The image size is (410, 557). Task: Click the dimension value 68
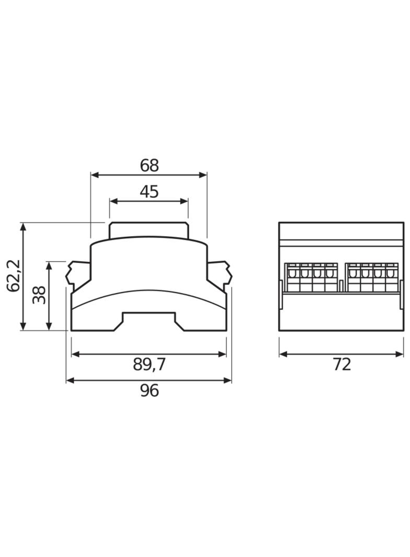149,166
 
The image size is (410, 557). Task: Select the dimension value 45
149,192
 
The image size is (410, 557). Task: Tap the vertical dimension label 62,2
14,276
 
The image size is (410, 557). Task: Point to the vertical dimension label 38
39,295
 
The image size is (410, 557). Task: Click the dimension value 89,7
150,365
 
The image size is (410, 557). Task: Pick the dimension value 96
150,391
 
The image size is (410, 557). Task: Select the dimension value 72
341,365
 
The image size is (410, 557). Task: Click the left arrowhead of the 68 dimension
95,175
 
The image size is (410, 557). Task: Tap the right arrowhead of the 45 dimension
184,201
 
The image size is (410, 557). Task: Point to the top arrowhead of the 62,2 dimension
23,227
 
